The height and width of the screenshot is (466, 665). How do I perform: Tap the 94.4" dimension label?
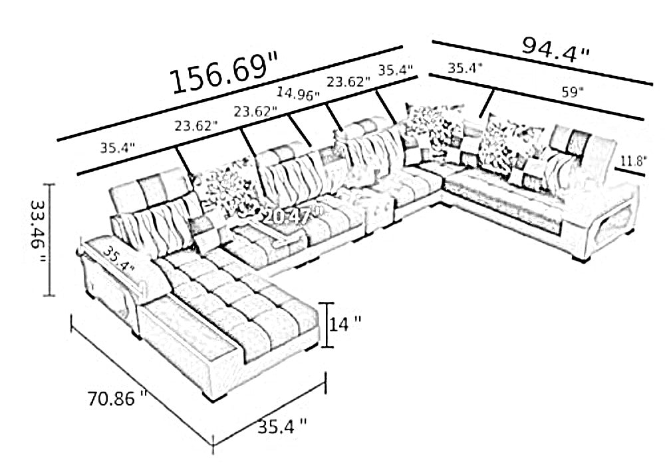click(x=555, y=48)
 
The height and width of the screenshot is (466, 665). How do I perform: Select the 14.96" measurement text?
click(x=298, y=93)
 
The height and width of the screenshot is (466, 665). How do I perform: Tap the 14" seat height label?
click(x=346, y=324)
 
